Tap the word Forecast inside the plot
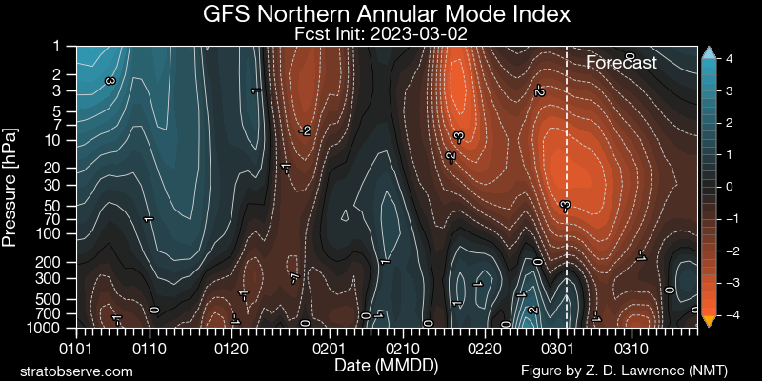(621, 64)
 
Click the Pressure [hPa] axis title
(11, 187)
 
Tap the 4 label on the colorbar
(728, 59)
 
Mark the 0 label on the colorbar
(728, 187)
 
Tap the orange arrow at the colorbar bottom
(708, 321)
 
